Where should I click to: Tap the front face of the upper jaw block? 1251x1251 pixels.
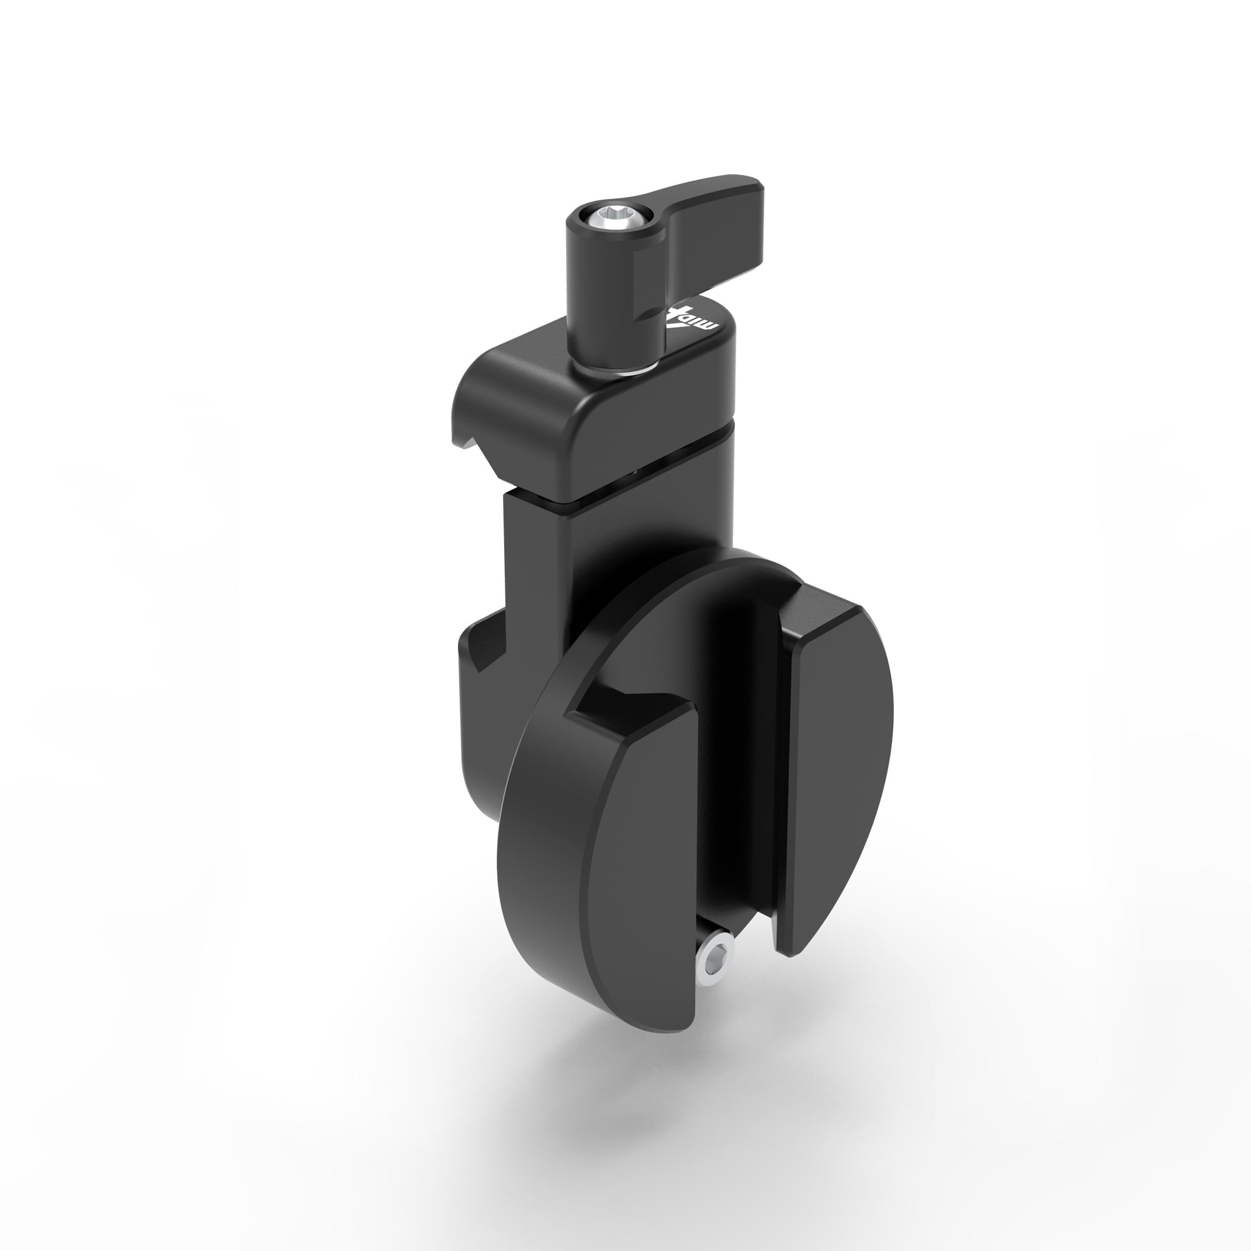pyautogui.click(x=647, y=440)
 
